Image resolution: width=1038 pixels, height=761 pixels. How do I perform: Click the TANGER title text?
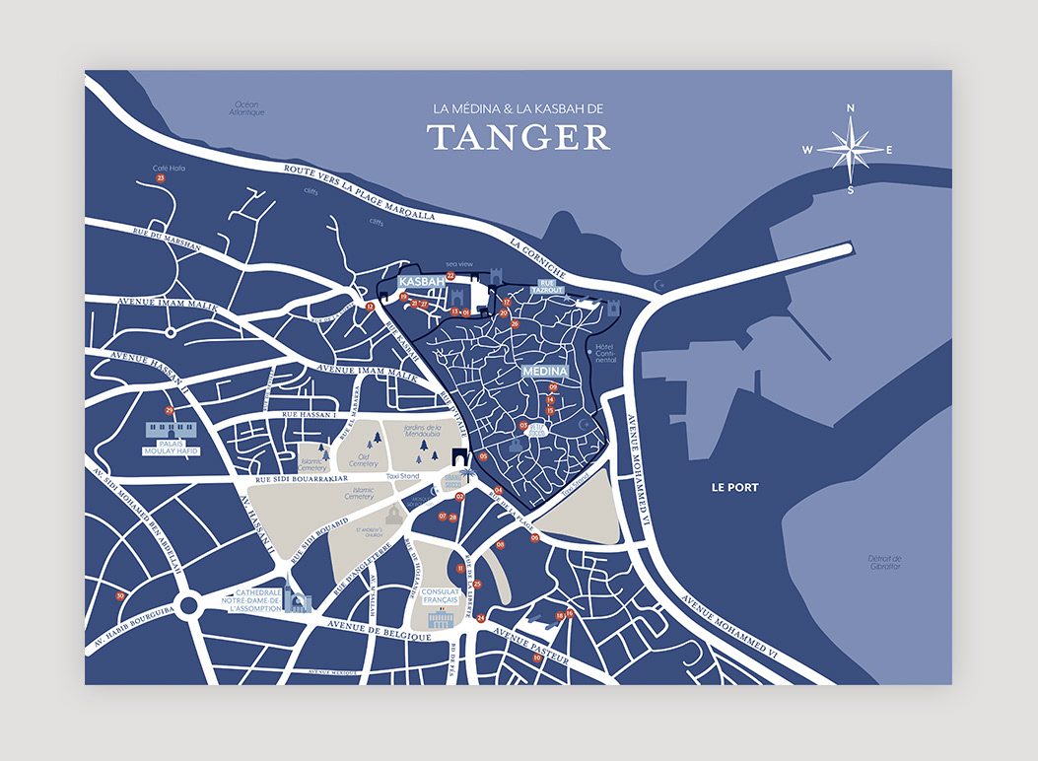(519, 138)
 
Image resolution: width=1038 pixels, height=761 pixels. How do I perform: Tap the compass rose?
(850, 149)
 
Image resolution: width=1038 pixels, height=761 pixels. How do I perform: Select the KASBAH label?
(416, 282)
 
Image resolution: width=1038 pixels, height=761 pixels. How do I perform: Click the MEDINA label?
(545, 371)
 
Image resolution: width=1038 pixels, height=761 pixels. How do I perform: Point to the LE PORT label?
(734, 487)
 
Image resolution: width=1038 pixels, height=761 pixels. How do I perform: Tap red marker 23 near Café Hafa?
(161, 177)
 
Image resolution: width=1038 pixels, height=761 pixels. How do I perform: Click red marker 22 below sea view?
(450, 276)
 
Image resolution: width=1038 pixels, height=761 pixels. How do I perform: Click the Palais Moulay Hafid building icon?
(172, 431)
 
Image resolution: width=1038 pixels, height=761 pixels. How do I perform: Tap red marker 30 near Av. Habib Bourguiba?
(120, 595)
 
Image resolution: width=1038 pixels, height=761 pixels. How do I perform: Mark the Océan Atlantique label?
(247, 108)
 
